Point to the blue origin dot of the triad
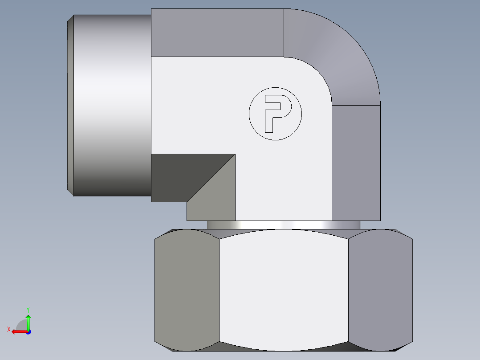click(28, 332)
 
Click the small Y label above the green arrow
click(28, 309)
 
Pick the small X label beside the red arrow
click(9, 329)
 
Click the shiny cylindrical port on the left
click(111, 105)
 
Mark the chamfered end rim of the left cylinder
click(70, 105)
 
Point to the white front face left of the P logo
click(200, 107)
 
